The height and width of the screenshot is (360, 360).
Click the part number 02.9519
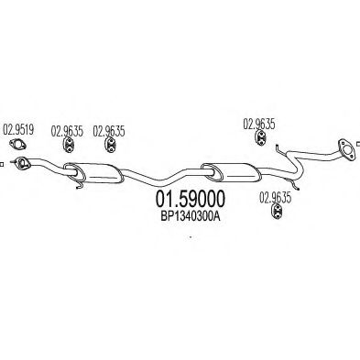point(18,130)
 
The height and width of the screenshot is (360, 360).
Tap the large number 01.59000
point(191,199)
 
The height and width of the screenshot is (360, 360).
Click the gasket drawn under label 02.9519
point(17,145)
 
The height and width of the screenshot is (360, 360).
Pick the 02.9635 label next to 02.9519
point(67,131)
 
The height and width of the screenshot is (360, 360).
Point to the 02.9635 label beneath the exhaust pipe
point(276,198)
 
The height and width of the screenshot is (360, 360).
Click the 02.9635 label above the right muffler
point(259,124)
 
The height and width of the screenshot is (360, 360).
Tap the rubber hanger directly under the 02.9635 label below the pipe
point(277,212)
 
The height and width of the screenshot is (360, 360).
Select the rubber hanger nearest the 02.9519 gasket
point(69,144)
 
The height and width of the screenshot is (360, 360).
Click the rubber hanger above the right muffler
point(260,137)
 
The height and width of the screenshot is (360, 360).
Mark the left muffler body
point(93,173)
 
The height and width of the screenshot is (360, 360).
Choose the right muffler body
point(231,174)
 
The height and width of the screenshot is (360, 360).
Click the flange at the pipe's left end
point(21,163)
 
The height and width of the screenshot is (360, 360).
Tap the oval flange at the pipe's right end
point(346,149)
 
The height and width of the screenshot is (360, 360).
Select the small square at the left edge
point(1,164)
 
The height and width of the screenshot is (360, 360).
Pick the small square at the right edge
point(358,144)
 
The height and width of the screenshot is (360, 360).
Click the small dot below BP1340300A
point(191,236)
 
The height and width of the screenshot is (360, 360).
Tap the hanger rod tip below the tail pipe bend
point(297,189)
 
